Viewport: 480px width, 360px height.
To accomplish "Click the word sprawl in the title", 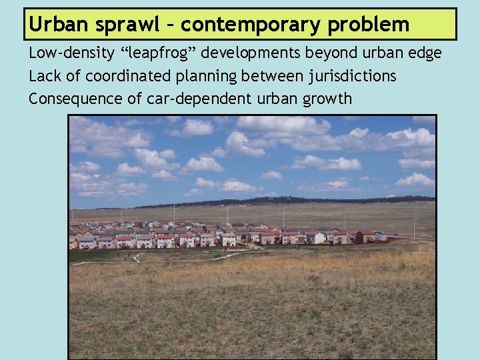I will pyautogui.click(x=119, y=25).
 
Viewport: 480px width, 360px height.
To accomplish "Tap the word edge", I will pyautogui.click(x=425, y=53).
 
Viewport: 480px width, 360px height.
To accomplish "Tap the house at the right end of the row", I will pyautogui.click(x=379, y=235).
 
